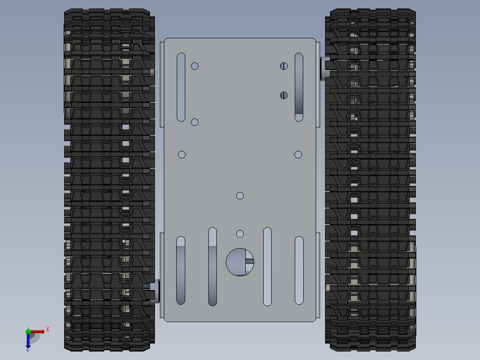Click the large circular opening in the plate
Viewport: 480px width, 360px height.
[240, 262]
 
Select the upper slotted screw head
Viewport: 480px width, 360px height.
[284, 66]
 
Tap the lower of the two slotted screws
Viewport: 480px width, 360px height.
[284, 95]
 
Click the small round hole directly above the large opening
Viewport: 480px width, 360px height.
[240, 234]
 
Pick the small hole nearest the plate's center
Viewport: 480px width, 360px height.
[240, 196]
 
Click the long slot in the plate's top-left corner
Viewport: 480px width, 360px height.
[181, 87]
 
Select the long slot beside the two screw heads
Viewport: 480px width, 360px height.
[299, 87]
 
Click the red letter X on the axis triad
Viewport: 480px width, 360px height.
[48, 329]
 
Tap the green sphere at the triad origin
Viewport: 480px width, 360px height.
[28, 331]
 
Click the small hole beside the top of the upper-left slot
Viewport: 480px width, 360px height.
[195, 66]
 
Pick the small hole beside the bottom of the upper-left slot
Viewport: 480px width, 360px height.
[195, 122]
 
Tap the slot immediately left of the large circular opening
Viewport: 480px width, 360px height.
[212, 266]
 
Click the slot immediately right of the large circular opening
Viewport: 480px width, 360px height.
[267, 266]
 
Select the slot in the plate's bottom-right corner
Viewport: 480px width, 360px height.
[299, 270]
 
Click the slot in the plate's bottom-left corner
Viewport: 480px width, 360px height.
[181, 270]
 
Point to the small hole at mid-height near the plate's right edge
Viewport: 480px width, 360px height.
[298, 155]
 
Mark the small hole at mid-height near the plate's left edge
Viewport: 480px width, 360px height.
[182, 155]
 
